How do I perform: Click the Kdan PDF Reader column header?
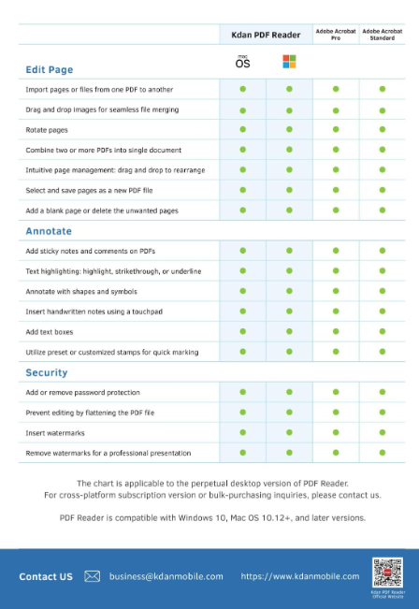coord(267,35)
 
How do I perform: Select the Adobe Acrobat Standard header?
coord(382,35)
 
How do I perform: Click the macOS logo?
coord(242,62)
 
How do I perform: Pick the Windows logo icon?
coord(289,62)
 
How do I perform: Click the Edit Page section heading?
coord(49,69)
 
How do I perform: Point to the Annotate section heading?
coord(49,231)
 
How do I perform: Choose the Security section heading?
coord(47,372)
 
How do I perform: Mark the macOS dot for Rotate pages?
coord(242,129)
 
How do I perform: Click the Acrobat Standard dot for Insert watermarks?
coord(382,432)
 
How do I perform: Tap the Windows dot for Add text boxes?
coord(289,331)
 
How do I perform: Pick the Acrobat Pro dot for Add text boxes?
coord(336,331)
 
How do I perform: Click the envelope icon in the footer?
coord(92,576)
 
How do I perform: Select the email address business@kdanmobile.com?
coord(166,576)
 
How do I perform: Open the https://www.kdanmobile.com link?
coord(299,576)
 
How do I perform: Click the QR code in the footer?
coord(388,573)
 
